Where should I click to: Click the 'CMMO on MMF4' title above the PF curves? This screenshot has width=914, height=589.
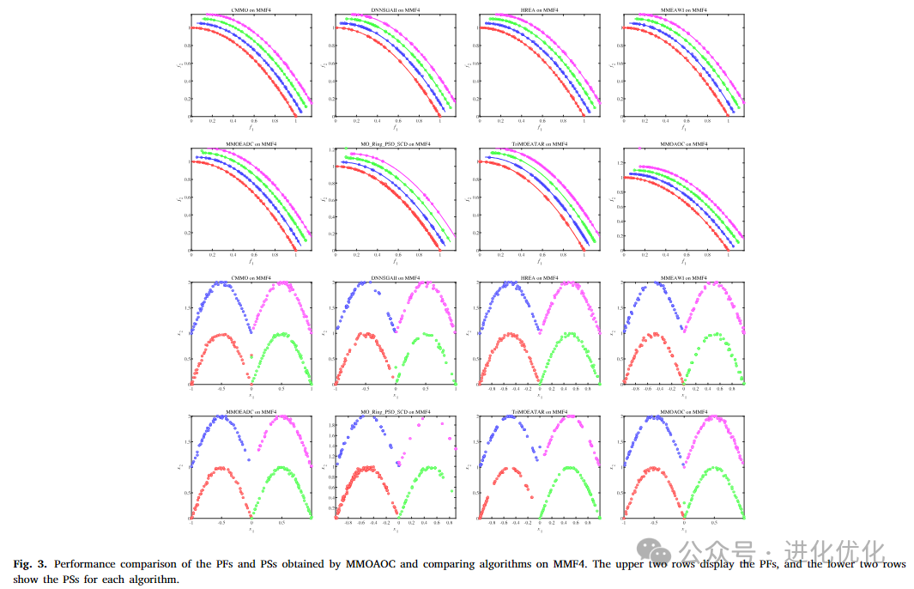click(251, 9)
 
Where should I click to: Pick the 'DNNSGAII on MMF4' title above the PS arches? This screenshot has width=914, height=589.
click(395, 278)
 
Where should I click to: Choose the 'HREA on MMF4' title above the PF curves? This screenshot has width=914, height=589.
click(539, 9)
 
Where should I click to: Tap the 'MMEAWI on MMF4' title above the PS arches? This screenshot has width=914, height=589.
click(683, 278)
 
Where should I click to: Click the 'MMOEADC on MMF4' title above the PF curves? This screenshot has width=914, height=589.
click(251, 143)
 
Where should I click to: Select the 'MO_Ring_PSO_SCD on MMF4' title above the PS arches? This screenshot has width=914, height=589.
click(395, 412)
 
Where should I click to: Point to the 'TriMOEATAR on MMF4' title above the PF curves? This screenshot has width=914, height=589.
click(539, 143)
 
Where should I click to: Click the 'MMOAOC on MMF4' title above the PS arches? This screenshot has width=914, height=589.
click(683, 412)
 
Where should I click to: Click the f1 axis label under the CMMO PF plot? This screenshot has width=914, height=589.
click(251, 127)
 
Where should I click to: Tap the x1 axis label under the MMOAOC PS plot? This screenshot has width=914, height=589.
click(683, 530)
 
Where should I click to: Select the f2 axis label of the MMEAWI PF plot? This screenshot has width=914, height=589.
click(610, 63)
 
